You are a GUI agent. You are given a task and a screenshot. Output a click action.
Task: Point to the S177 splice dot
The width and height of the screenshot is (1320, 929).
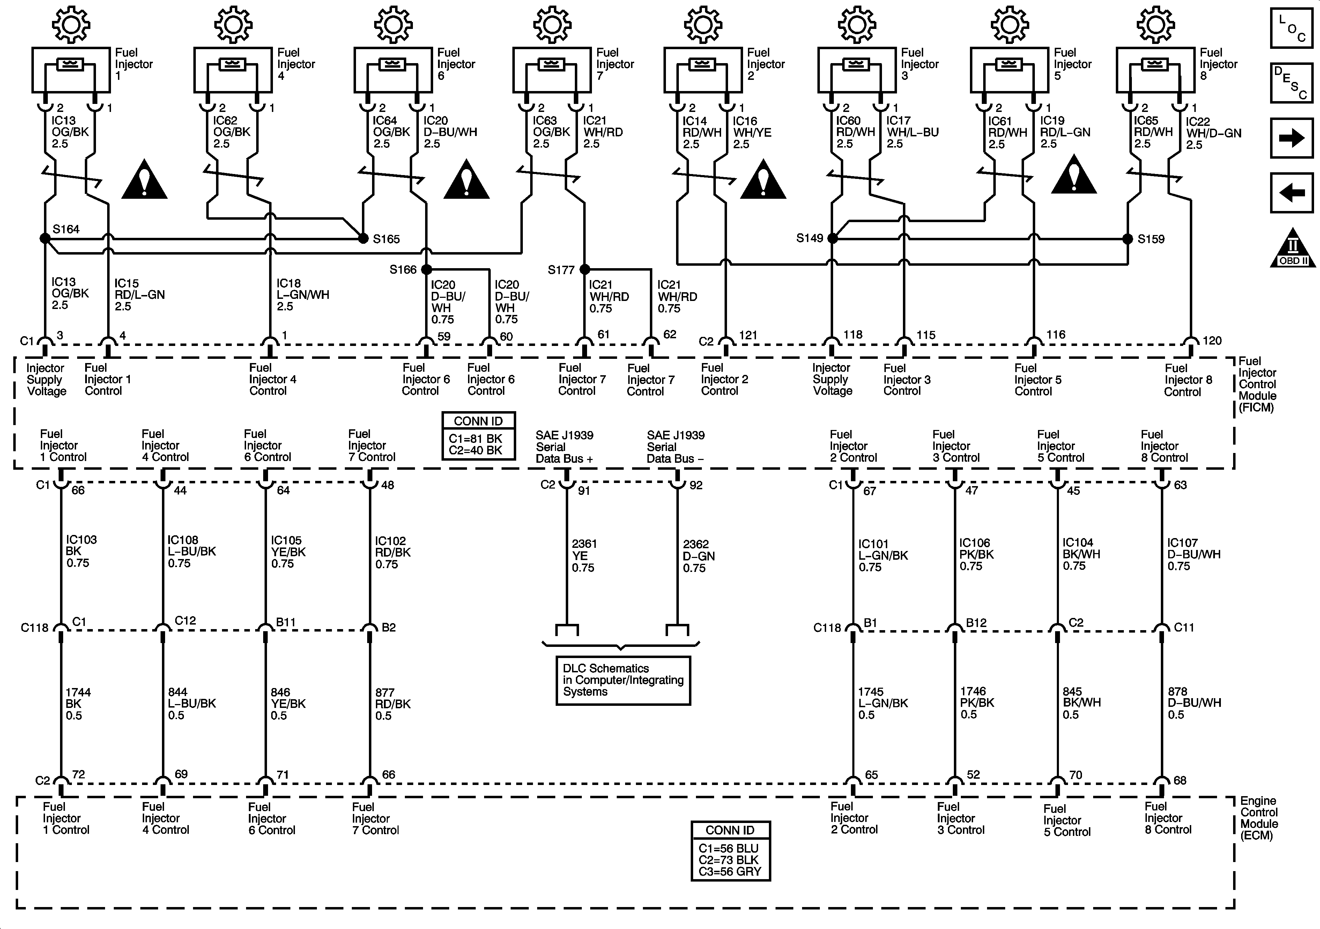pyautogui.click(x=585, y=269)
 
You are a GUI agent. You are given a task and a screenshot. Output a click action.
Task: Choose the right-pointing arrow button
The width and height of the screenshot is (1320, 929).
pyautogui.click(x=1291, y=138)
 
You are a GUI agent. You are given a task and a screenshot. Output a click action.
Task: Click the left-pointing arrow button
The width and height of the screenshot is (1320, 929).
pyautogui.click(x=1291, y=192)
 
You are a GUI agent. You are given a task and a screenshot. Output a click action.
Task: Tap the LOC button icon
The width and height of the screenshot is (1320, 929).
pyautogui.click(x=1291, y=28)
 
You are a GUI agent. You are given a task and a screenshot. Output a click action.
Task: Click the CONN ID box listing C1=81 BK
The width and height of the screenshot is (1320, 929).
pyautogui.click(x=478, y=436)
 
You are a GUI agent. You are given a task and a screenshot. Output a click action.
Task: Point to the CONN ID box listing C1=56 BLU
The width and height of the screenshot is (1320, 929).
pyautogui.click(x=730, y=850)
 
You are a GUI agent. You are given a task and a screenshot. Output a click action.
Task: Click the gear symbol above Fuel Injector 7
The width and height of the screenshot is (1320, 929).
pyautogui.click(x=552, y=25)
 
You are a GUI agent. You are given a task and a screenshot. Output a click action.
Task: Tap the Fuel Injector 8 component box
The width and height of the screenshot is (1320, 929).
pyautogui.click(x=1155, y=69)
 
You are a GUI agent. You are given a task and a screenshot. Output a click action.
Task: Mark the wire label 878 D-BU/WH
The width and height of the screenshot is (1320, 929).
pyautogui.click(x=1194, y=703)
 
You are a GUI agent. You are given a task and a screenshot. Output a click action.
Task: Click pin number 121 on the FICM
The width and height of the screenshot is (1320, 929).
pyautogui.click(x=747, y=335)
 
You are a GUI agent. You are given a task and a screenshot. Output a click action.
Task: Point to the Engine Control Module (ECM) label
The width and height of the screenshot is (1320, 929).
pyautogui.click(x=1259, y=818)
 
